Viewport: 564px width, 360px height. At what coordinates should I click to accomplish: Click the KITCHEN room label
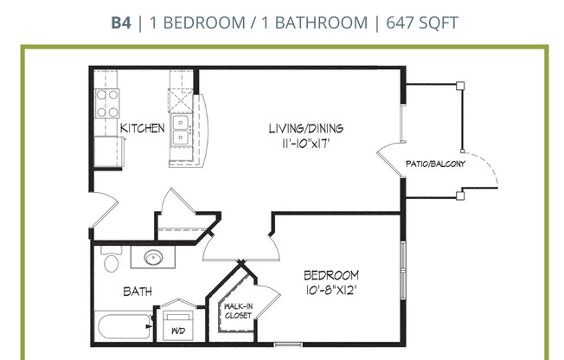tap(142, 128)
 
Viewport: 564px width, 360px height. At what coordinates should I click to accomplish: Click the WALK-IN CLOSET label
tap(238, 311)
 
